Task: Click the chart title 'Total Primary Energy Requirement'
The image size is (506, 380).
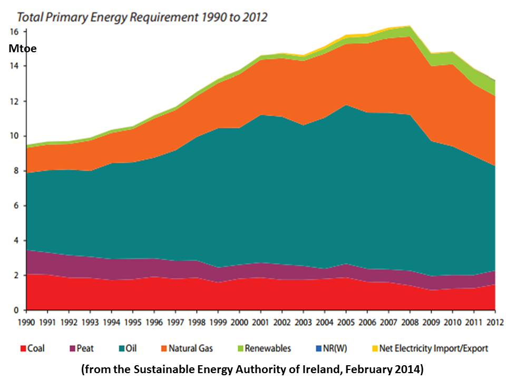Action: click(x=138, y=17)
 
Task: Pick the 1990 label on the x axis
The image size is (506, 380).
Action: click(x=26, y=320)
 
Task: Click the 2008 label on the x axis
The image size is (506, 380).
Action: click(x=410, y=320)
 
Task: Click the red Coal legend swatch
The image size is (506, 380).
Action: click(x=23, y=349)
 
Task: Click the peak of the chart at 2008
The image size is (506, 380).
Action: click(x=410, y=26)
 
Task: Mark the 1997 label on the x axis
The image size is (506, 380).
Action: click(x=176, y=320)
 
